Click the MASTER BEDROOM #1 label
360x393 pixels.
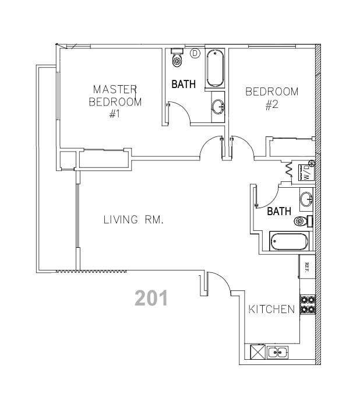(x=115, y=101)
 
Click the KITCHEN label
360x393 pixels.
(x=271, y=309)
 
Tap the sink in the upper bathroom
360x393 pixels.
(x=218, y=106)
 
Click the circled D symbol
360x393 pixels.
(x=195, y=53)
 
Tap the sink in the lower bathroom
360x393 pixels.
(x=306, y=200)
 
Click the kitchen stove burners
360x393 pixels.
(x=307, y=305)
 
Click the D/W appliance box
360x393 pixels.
(x=307, y=171)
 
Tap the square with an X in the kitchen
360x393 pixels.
(x=257, y=352)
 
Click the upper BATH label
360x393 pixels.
(x=183, y=85)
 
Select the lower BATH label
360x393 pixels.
(x=279, y=212)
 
